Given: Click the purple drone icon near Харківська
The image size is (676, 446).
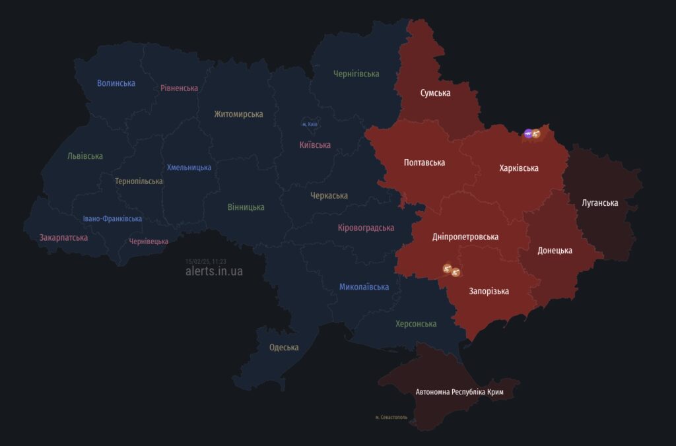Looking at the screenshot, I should (x=528, y=134).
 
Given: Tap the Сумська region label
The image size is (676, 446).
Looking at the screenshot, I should (x=435, y=93).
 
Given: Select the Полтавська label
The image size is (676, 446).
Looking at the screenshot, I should (x=424, y=162).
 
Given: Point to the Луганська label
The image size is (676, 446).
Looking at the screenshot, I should (x=600, y=203).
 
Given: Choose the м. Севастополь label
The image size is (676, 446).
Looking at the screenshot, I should (x=391, y=418).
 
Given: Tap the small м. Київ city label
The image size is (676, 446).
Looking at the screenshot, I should (x=310, y=124).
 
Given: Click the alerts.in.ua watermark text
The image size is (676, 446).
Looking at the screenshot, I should (x=214, y=271).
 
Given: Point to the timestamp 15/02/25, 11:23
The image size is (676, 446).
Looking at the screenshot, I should (x=206, y=261).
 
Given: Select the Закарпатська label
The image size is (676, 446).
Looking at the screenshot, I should (x=63, y=238).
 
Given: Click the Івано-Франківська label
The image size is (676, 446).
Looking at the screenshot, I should (x=112, y=219).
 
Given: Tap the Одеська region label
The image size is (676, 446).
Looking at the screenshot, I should (x=284, y=348).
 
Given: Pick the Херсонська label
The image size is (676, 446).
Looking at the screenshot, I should (x=416, y=324).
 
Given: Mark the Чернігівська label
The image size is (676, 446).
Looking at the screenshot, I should (x=356, y=74).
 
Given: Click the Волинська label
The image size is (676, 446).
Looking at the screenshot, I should (x=116, y=83).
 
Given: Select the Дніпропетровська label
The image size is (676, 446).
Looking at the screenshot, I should (x=465, y=237).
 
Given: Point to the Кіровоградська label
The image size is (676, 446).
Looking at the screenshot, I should (x=366, y=228).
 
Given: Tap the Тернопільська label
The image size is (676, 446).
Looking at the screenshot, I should (x=139, y=181).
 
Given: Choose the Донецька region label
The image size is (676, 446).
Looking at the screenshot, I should (x=555, y=251).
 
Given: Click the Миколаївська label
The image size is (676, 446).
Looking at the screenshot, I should (x=364, y=287).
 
